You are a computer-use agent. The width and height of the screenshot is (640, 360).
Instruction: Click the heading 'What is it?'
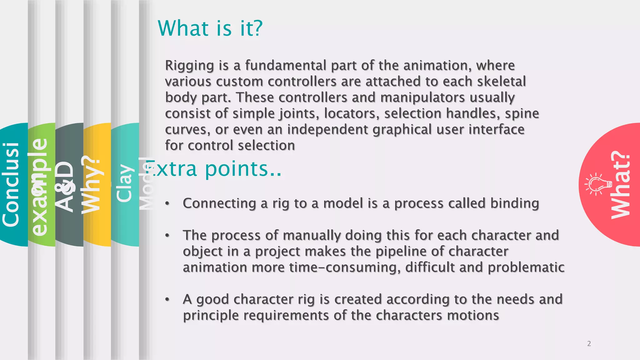210,28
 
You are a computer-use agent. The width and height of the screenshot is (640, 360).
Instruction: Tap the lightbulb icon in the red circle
598,184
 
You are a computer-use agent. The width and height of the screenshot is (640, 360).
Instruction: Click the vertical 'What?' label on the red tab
621,185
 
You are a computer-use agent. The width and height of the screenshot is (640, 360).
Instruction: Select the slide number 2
589,344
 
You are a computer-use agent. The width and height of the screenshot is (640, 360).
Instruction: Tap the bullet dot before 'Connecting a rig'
167,204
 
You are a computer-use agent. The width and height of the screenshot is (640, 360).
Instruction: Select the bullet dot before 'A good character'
167,300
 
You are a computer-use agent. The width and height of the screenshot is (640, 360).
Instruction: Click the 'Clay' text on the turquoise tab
124,183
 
